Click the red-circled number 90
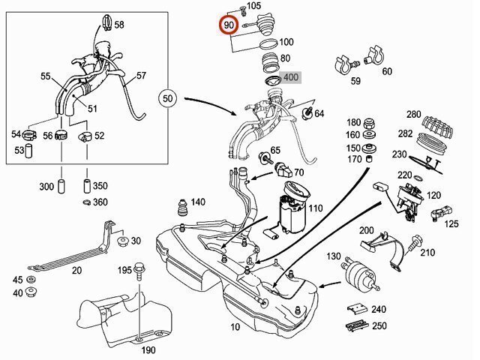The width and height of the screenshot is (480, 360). pos(229,25)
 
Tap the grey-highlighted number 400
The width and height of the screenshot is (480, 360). pos(290,77)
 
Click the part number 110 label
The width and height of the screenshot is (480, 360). pos(315,208)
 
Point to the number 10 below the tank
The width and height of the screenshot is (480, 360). pos(235,328)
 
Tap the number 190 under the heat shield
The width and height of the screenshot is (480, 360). pos(148,350)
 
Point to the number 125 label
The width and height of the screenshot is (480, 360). pos(451,224)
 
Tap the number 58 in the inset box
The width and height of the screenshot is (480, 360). pos(119,25)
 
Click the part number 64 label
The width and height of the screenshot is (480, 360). pos(319,114)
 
